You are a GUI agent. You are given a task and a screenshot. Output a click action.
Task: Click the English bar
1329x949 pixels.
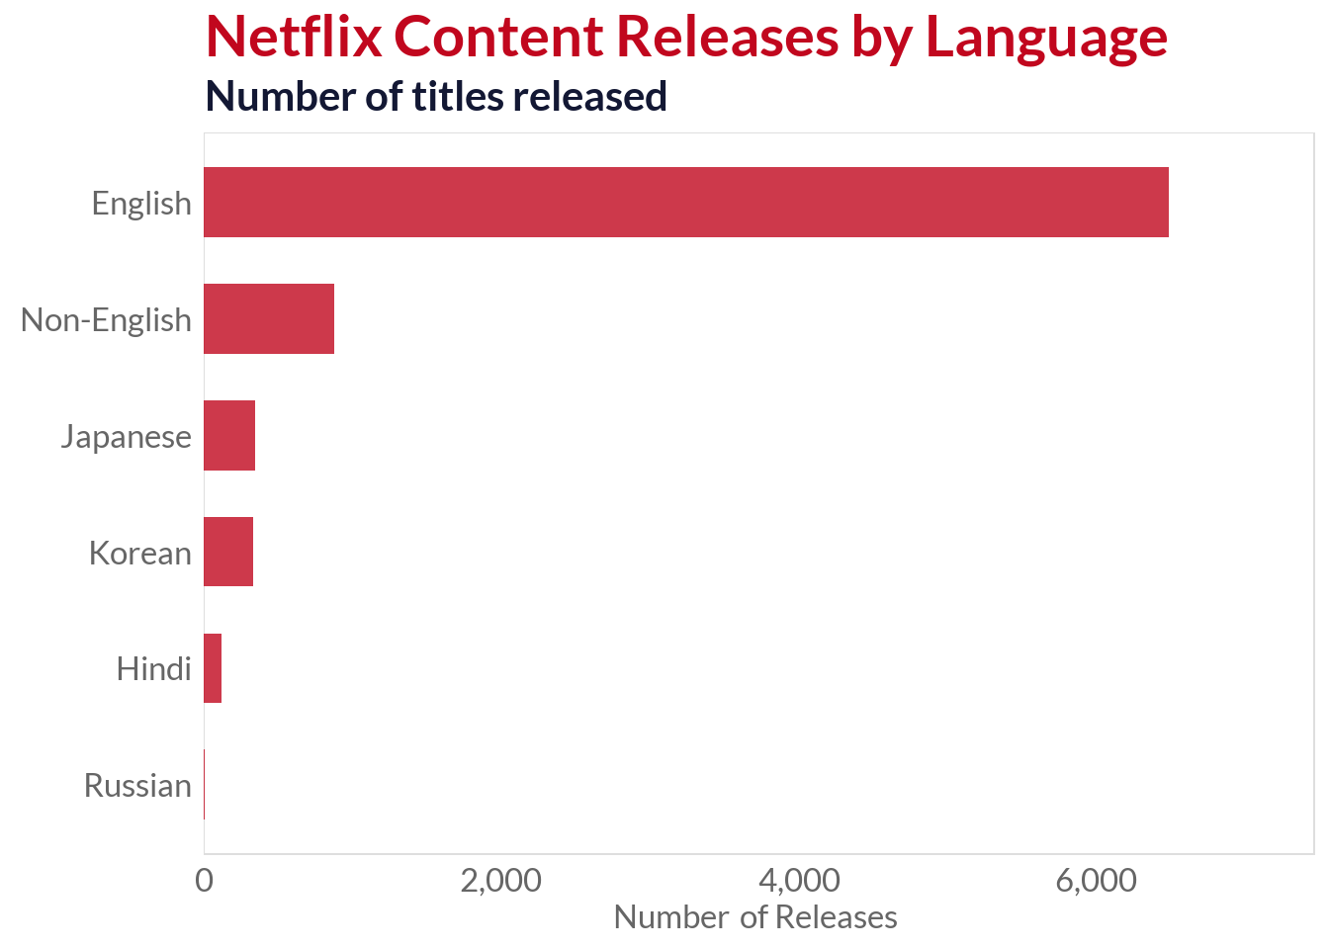pos(685,203)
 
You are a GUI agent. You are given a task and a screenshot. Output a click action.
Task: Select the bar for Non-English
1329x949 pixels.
pos(269,318)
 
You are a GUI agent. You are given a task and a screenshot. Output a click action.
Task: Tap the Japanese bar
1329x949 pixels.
pos(229,435)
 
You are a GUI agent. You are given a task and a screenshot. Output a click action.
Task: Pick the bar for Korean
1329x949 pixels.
pos(228,552)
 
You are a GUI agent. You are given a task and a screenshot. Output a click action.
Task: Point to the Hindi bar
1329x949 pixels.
pos(213,668)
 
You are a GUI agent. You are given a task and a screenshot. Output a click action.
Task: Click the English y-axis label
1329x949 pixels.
pos(141,204)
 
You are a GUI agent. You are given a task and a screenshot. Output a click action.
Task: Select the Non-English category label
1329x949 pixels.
pos(106,320)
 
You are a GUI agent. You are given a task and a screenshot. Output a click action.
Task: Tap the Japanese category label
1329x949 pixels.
pos(126,437)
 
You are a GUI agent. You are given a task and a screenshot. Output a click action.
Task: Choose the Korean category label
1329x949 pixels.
pos(139,554)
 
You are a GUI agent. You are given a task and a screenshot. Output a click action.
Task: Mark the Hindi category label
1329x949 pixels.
pos(153,669)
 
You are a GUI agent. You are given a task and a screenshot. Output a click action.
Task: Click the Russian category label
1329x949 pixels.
pos(137,786)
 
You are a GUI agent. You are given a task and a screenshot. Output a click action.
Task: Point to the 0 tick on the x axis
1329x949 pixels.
pos(204,881)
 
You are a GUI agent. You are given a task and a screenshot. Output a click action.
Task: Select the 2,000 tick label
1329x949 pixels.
pos(501,881)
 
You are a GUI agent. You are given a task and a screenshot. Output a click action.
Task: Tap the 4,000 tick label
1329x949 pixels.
pos(799,881)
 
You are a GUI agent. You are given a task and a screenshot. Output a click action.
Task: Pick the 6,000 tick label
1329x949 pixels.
pos(1096,881)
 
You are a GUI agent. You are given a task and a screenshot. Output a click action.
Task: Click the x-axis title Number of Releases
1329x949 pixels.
pos(755,917)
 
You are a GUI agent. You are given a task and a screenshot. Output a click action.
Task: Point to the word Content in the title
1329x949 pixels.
pos(498,37)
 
